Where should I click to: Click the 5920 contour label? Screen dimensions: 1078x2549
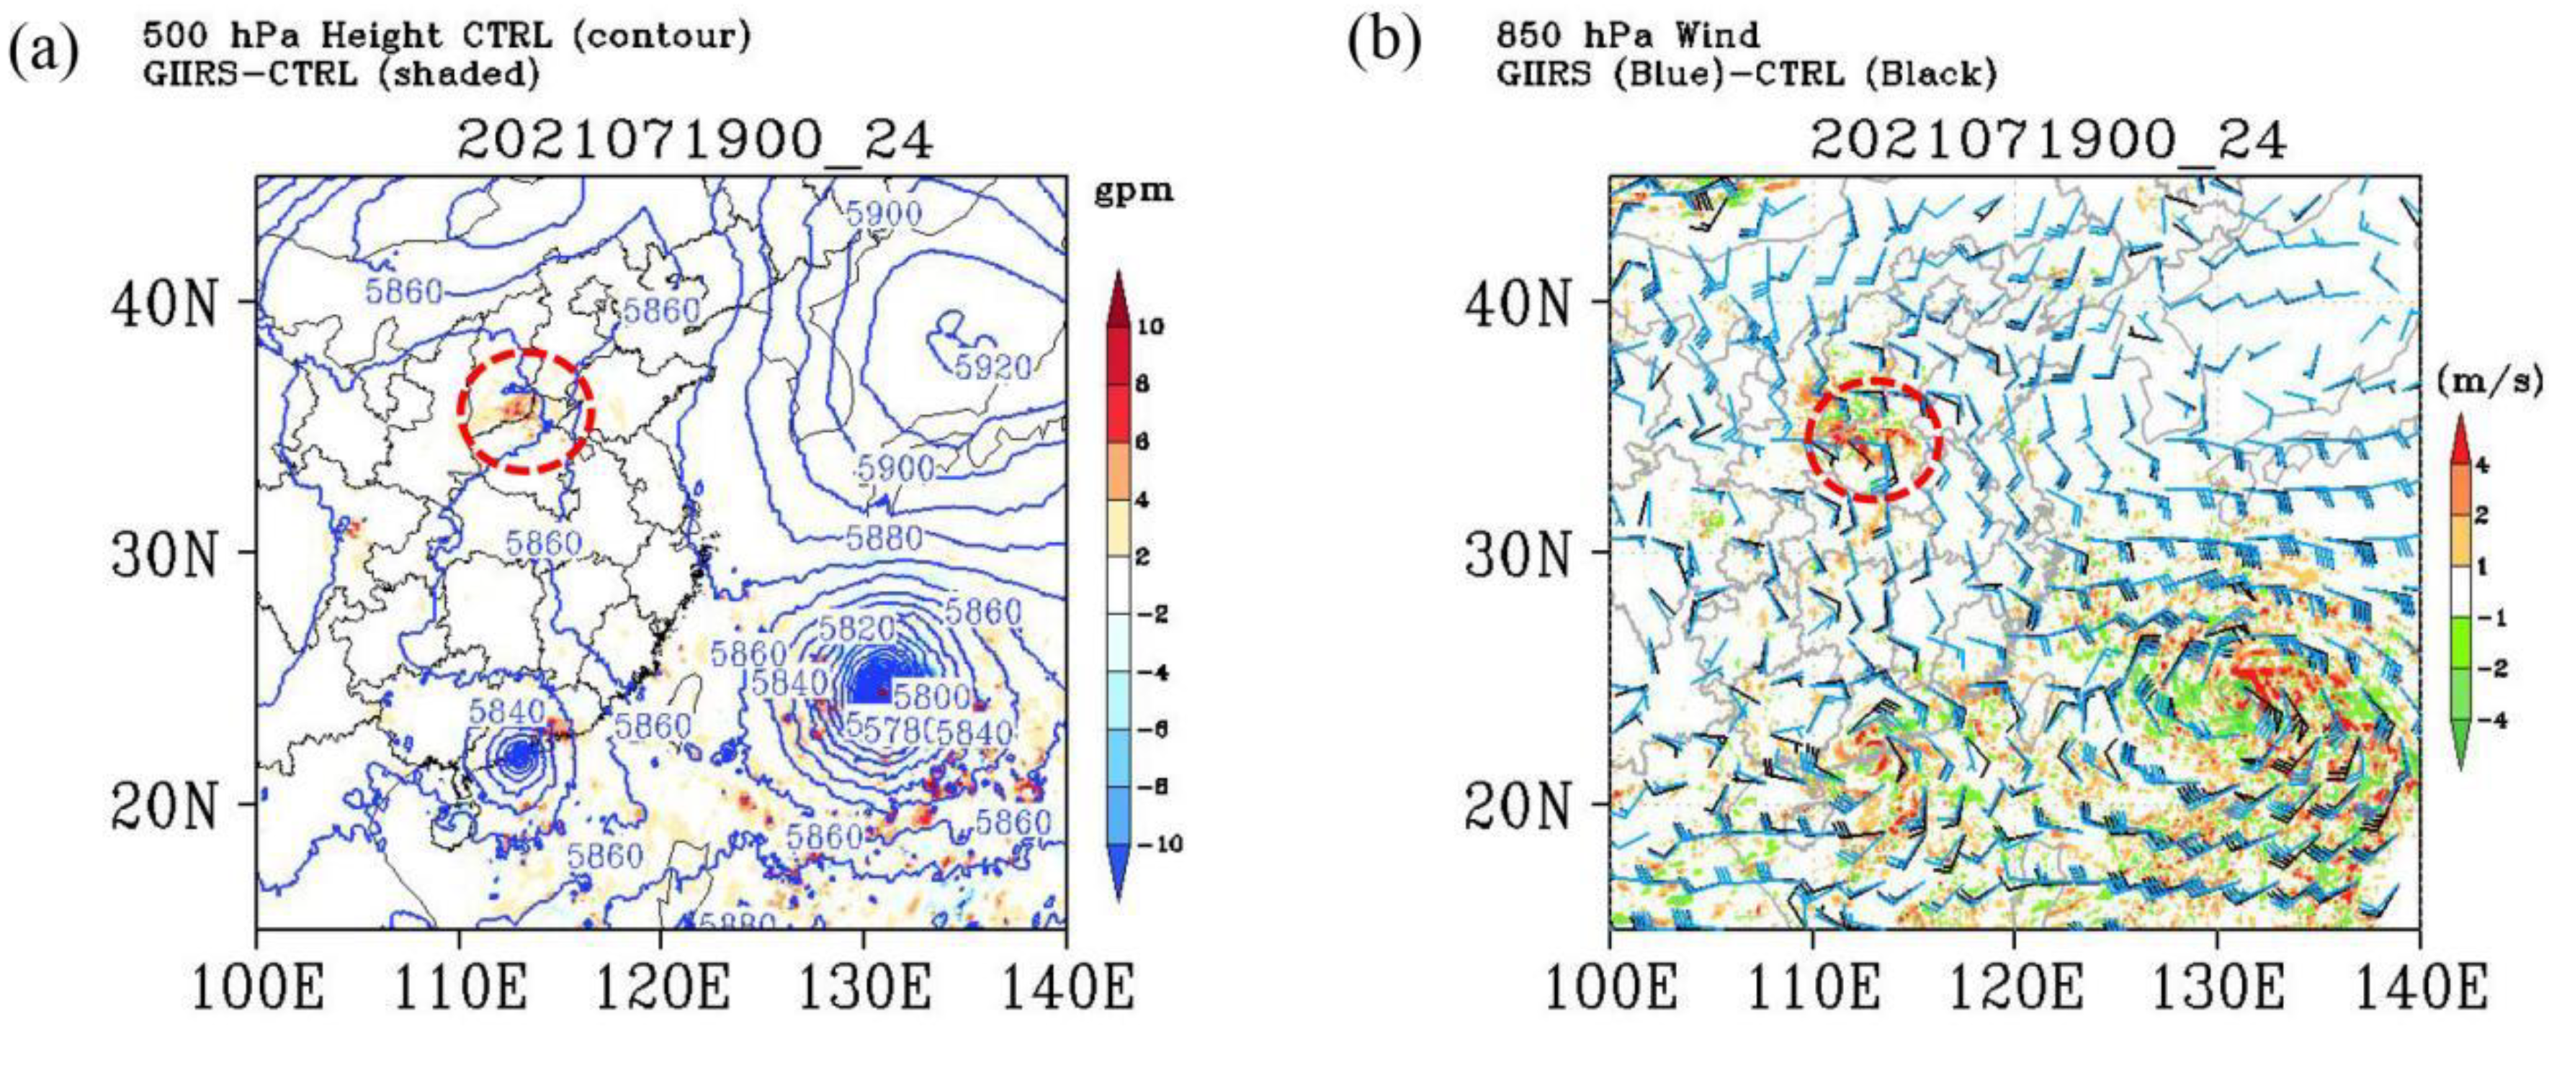(x=993, y=368)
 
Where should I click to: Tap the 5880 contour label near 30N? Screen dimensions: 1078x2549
(x=884, y=538)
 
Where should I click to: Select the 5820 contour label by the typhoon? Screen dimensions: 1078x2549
(x=857, y=627)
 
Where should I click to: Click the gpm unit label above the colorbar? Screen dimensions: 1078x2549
(x=1133, y=191)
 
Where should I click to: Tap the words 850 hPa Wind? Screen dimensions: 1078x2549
(x=1628, y=35)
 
